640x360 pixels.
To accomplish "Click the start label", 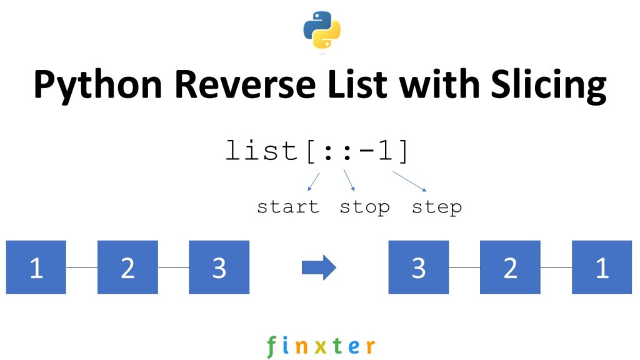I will pyautogui.click(x=288, y=207).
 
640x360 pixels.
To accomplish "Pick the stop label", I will pyautogui.click(x=364, y=207).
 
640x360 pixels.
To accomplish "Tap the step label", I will pyautogui.click(x=437, y=207).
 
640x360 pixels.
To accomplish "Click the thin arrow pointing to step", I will pyautogui.click(x=410, y=181).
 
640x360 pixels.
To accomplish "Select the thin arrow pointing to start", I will pyautogui.click(x=314, y=182).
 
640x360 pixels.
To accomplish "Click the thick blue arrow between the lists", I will pyautogui.click(x=319, y=267).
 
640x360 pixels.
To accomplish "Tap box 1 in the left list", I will pyautogui.click(x=36, y=267).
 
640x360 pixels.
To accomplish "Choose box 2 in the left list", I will pyautogui.click(x=127, y=267).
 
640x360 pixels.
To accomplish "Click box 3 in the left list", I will pyautogui.click(x=219, y=267).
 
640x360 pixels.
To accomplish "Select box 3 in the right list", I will pyautogui.click(x=419, y=267).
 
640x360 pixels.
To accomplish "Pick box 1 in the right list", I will pyautogui.click(x=602, y=267).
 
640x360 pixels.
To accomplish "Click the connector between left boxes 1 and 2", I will pyautogui.click(x=82, y=267).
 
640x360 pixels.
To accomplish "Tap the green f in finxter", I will pyautogui.click(x=271, y=346).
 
